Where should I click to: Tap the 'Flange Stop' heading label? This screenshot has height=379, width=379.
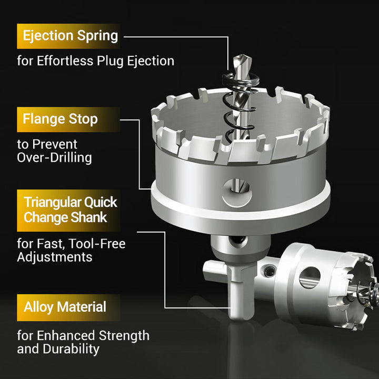click(x=60, y=119)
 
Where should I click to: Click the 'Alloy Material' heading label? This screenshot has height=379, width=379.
click(x=65, y=307)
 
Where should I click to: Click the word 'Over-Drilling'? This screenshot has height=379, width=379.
click(x=54, y=157)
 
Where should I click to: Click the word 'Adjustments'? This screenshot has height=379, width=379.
click(x=54, y=257)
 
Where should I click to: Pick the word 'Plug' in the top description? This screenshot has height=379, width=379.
click(x=111, y=61)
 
